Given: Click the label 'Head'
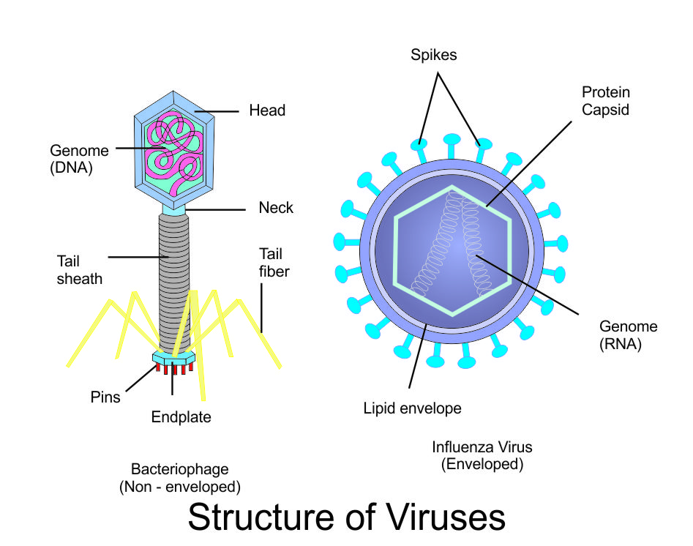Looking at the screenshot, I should tap(267, 111).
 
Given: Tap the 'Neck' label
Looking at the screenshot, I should tap(276, 208).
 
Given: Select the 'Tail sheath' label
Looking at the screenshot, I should tap(80, 269).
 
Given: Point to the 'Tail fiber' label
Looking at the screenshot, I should tap(274, 262).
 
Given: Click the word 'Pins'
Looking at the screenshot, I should tap(106, 397).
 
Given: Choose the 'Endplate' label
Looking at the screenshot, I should tap(181, 417).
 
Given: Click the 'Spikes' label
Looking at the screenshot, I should tap(434, 55).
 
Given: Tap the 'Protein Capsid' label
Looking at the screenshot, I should tap(605, 101).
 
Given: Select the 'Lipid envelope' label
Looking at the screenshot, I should tap(413, 408).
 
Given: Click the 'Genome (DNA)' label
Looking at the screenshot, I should tap(79, 159).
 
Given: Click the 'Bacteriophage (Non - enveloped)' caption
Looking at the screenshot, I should tap(180, 477).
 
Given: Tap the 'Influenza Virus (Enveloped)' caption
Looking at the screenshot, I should tap(482, 455).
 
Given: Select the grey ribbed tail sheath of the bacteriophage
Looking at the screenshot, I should tap(175, 278).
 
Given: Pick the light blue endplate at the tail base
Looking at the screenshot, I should tap(173, 358).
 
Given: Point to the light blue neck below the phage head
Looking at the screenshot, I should tap(174, 210).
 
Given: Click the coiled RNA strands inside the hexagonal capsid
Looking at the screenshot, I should tap(454, 249).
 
